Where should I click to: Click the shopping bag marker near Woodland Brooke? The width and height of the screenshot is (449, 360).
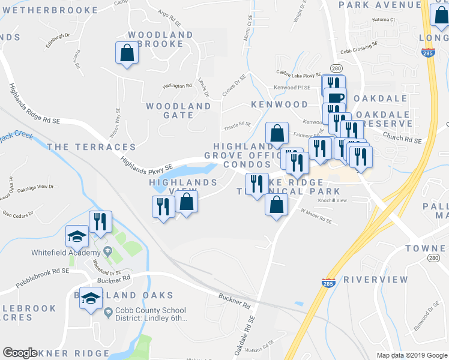pyautogui.click(x=127, y=53)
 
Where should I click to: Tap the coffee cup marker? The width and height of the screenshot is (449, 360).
pyautogui.click(x=335, y=98)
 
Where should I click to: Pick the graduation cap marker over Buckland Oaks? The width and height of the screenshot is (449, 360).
pyautogui.click(x=91, y=298)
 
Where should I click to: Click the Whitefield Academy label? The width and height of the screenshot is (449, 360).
pyautogui.click(x=65, y=252)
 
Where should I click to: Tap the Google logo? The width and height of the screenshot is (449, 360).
pyautogui.click(x=20, y=353)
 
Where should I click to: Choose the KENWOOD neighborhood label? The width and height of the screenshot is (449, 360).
pyautogui.click(x=279, y=104)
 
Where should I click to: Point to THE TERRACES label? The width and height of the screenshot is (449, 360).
pyautogui.click(x=91, y=147)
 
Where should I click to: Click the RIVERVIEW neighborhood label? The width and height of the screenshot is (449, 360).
pyautogui.click(x=376, y=280)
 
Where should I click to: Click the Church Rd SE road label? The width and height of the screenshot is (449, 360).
pyautogui.click(x=402, y=139)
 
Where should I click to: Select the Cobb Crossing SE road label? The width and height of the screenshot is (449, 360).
pyautogui.click(x=358, y=44)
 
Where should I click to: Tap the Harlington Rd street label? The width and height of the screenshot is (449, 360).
pyautogui.click(x=176, y=86)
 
